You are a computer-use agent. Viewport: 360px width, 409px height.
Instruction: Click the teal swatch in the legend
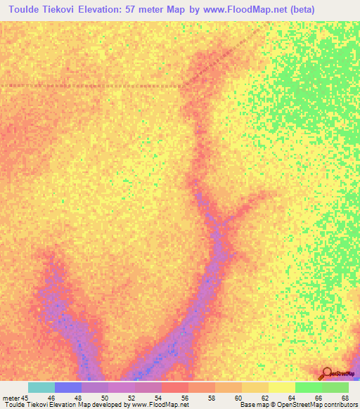pos(41,387)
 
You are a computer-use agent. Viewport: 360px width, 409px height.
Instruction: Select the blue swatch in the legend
pos(67,387)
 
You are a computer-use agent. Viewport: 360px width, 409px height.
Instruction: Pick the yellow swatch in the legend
pos(281,387)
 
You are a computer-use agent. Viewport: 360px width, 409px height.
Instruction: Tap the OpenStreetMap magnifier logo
pos(327,373)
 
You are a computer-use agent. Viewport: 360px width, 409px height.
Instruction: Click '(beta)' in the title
pos(301,9)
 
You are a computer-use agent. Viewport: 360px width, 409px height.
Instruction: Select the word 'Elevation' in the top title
pos(110,9)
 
